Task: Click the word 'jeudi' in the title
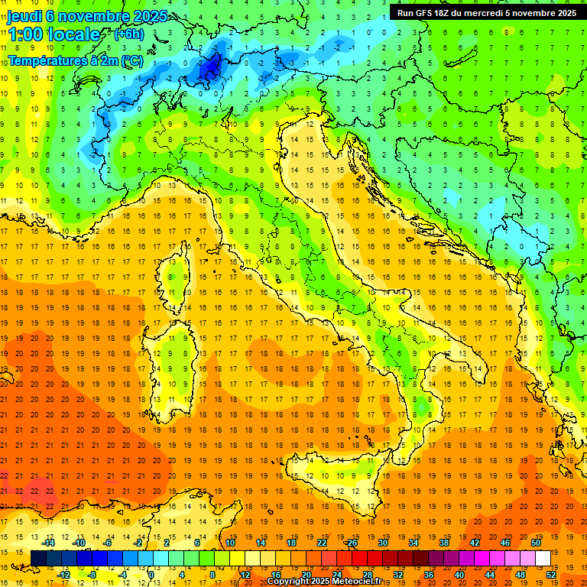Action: coord(24,16)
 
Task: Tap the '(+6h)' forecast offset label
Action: coord(128,34)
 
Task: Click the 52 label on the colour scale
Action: coord(551,575)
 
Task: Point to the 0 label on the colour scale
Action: coord(151,575)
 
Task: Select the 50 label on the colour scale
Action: coord(536,542)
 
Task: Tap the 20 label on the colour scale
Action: coord(306,575)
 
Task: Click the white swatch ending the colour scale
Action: coord(543,559)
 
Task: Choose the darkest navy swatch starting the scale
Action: coord(38,559)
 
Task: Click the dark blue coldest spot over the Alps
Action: coord(211,67)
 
